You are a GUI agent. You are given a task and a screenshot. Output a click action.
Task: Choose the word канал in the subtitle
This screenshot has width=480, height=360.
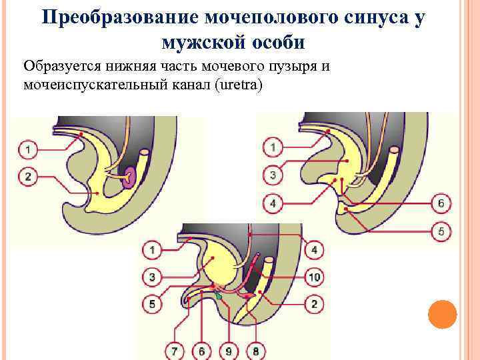click(x=191, y=86)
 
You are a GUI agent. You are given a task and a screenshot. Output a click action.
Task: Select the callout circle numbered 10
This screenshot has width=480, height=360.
click(x=314, y=277)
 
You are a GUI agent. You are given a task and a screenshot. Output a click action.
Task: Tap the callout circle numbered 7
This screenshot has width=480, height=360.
click(x=175, y=349)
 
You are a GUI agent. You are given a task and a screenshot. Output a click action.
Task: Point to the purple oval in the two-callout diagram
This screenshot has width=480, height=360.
click(x=130, y=176)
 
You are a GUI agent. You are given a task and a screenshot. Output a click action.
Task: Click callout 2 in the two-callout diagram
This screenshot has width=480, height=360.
click(x=27, y=177)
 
